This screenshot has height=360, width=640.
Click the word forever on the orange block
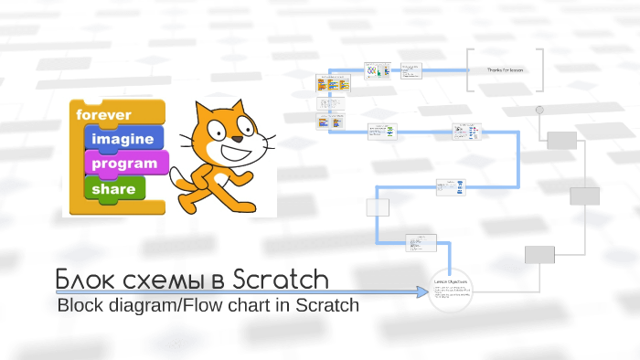click(104, 115)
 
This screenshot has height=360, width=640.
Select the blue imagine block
click(123, 139)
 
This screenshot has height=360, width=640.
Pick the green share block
click(113, 189)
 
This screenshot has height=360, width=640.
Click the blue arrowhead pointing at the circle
click(423, 291)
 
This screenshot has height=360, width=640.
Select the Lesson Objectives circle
click(452, 291)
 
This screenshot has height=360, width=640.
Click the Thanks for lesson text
click(505, 69)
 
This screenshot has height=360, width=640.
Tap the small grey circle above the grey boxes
click(540, 110)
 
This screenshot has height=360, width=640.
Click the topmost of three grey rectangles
click(561, 140)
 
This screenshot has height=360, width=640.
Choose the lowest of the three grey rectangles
click(539, 254)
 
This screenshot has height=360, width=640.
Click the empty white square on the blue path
click(378, 206)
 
